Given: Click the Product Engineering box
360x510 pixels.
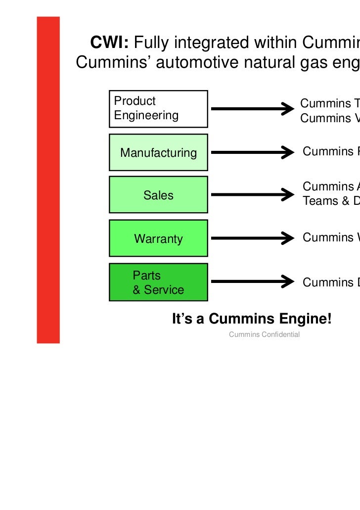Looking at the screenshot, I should click(158, 108).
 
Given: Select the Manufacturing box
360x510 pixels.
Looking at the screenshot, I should click(158, 152).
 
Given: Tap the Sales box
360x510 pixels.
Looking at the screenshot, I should click(158, 195).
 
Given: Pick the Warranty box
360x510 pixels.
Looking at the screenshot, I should click(158, 239).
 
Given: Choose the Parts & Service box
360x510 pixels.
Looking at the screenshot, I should click(158, 282).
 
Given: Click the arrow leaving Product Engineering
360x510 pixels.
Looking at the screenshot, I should click(252, 108).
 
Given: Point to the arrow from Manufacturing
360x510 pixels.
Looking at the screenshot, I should click(252, 152).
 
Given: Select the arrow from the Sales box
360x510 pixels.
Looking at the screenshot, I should click(252, 194).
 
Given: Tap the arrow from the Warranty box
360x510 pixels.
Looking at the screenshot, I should click(252, 238).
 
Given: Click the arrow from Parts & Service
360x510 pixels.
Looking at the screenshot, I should click(252, 281).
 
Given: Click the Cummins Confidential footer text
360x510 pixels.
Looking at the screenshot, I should click(264, 335).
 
